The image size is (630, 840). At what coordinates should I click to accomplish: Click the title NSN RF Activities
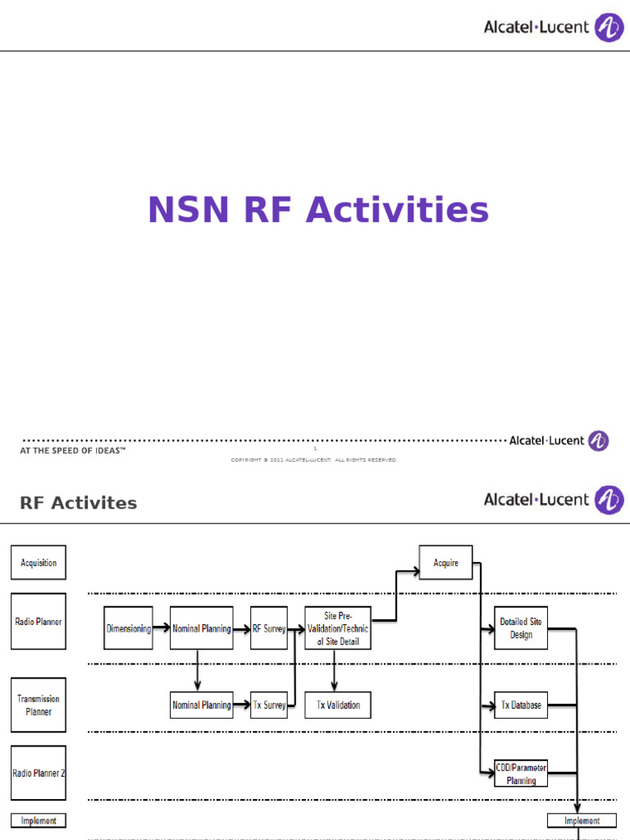[318, 210]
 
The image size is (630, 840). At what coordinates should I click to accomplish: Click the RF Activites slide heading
[79, 503]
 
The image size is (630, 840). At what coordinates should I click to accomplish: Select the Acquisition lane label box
[39, 563]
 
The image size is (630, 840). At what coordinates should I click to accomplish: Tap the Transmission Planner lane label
[39, 705]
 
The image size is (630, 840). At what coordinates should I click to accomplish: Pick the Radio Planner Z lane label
[39, 773]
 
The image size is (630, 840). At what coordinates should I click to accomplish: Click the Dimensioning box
[129, 628]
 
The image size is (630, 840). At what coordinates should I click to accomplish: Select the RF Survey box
[269, 628]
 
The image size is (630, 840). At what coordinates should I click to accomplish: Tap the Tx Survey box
[269, 705]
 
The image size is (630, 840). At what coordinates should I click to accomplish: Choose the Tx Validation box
[337, 705]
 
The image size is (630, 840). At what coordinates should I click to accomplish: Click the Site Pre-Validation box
[337, 628]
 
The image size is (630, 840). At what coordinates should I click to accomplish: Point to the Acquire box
[445, 563]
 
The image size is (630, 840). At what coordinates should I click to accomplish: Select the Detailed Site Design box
[521, 628]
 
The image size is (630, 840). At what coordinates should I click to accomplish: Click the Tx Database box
[521, 705]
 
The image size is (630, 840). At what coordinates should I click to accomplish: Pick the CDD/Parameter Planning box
[521, 774]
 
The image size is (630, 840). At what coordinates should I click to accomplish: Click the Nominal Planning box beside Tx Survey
[201, 705]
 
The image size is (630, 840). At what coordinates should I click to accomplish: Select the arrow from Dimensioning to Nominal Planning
[161, 629]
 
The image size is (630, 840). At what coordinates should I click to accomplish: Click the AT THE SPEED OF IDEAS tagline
[73, 451]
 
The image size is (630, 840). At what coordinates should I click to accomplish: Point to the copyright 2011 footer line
[314, 460]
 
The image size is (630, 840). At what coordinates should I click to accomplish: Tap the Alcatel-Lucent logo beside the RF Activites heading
[554, 500]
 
